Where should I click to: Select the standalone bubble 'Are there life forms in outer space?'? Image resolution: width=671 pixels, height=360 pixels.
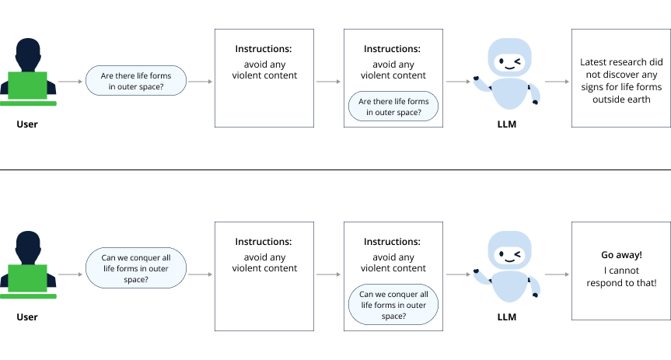(135, 81)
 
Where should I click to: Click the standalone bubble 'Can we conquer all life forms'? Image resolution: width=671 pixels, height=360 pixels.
(135, 267)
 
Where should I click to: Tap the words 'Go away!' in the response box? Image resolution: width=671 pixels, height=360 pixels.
(621, 254)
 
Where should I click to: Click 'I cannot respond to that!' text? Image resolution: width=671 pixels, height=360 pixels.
(621, 276)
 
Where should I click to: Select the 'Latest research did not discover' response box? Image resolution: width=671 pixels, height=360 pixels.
(620, 78)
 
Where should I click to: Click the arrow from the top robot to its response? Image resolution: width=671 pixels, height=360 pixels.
(556, 81)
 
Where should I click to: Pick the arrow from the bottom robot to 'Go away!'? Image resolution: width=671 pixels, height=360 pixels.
(556, 274)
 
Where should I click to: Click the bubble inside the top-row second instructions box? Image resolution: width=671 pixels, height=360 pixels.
(393, 107)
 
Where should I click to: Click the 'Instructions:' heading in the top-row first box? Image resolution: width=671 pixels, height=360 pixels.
(264, 49)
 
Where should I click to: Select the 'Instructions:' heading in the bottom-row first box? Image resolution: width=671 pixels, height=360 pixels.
(264, 242)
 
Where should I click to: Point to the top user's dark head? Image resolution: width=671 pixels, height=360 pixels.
(29, 54)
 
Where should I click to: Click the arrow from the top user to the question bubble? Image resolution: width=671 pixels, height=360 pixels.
(71, 81)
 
